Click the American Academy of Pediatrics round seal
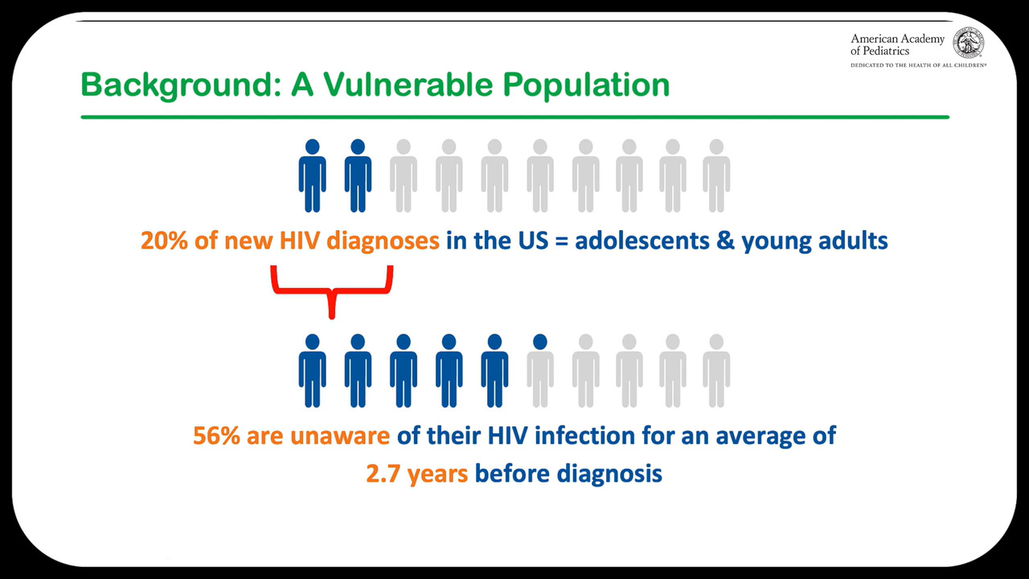coord(968,43)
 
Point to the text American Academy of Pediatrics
coord(897,44)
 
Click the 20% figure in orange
coord(164,240)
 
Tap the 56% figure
coord(216,436)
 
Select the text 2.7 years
coord(417,474)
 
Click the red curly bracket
coord(332,289)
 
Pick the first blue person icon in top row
coord(313,175)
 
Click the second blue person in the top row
coord(358,175)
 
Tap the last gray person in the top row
coord(716,175)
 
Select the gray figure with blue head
coord(539,371)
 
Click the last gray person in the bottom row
coord(716,371)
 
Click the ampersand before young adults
coord(725,240)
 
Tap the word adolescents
coord(642,240)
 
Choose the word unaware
coord(340,437)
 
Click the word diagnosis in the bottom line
coord(609,474)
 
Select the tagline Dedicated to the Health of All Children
coord(918,65)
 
